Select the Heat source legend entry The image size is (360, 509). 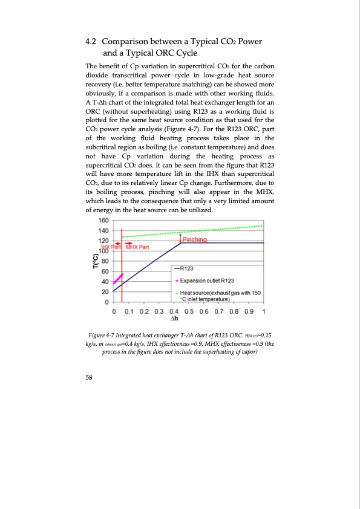click(221, 296)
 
